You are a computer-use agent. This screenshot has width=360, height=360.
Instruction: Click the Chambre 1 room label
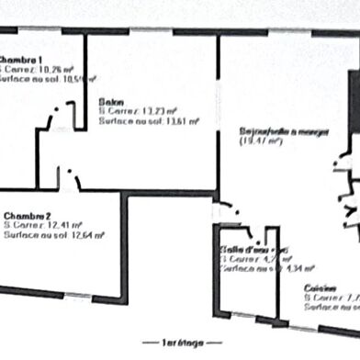click(x=21, y=59)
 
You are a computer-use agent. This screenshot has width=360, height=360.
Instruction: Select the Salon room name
click(x=111, y=102)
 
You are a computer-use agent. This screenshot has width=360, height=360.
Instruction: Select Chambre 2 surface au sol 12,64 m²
click(x=54, y=235)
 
